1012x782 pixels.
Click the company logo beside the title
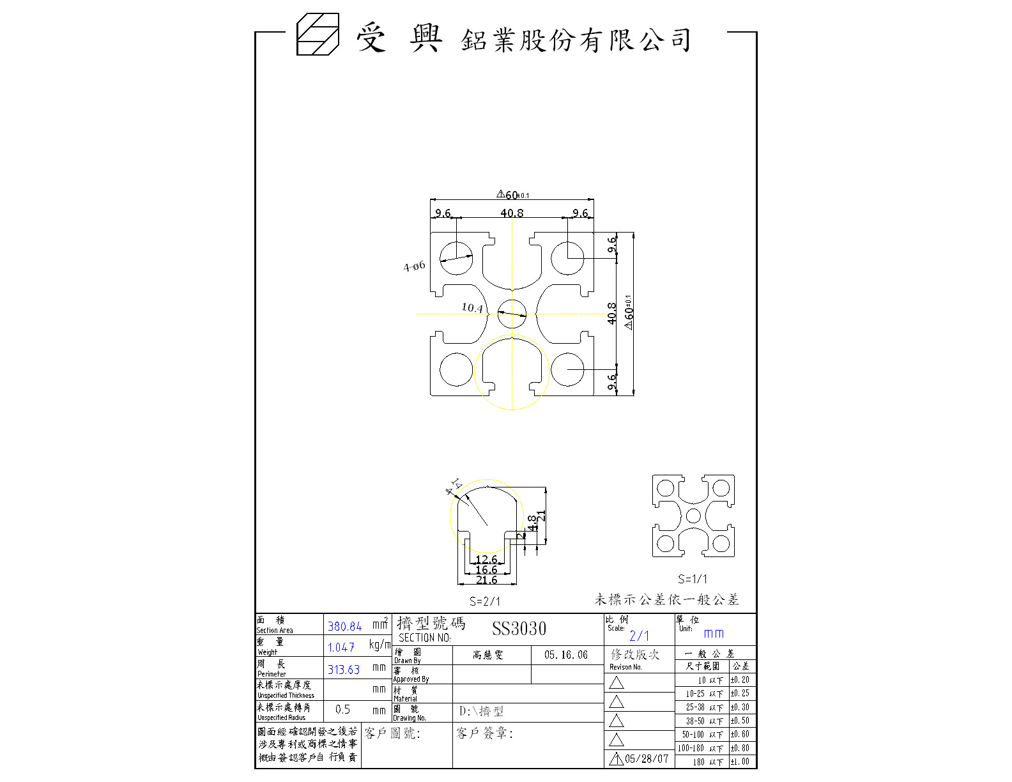pyautogui.click(x=318, y=34)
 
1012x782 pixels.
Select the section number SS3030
pyautogui.click(x=519, y=629)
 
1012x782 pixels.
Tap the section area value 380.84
pyautogui.click(x=344, y=627)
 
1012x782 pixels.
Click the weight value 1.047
pyautogui.click(x=341, y=648)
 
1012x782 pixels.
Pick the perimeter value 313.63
pyautogui.click(x=344, y=670)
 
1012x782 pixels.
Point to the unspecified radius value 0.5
pyautogui.click(x=342, y=709)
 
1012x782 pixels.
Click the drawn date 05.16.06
pyautogui.click(x=566, y=655)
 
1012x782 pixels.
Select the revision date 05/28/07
pyautogui.click(x=647, y=759)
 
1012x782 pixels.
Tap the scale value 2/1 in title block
pyautogui.click(x=639, y=636)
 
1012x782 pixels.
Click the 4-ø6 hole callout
pyautogui.click(x=414, y=266)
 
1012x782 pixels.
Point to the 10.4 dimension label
pyautogui.click(x=472, y=308)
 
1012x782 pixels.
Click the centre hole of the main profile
pyautogui.click(x=512, y=314)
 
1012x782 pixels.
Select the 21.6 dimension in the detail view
pyautogui.click(x=486, y=580)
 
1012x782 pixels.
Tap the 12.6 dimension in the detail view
pyautogui.click(x=486, y=560)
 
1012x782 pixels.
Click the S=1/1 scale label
pyautogui.click(x=693, y=579)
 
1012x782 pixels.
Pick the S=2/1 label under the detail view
pyautogui.click(x=485, y=601)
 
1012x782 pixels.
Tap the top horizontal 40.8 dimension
pyautogui.click(x=512, y=213)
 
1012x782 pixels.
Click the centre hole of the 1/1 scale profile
pyautogui.click(x=693, y=516)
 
